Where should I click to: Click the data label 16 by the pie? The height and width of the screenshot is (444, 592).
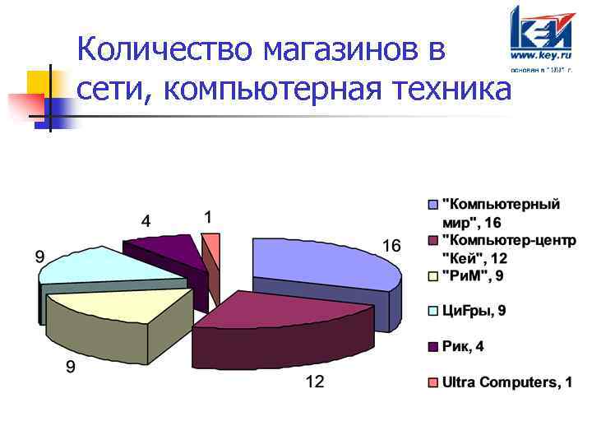[391, 246]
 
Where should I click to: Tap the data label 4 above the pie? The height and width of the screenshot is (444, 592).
[146, 220]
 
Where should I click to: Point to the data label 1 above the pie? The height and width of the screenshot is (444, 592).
[208, 217]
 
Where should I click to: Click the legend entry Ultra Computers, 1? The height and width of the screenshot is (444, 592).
[506, 383]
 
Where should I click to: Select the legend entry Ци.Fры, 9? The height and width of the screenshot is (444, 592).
[474, 310]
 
